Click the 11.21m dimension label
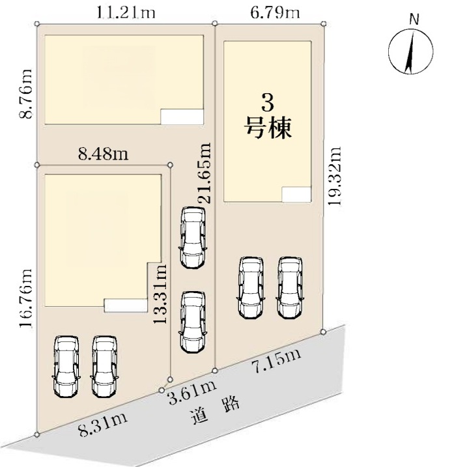pos(126,13)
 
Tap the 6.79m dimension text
pos(275,13)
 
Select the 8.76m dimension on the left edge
pos(25,94)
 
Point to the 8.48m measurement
pos(104,154)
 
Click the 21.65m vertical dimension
pos(205,173)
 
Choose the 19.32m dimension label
pos(335,176)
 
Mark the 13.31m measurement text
pos(160,294)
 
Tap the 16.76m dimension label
pos(25,298)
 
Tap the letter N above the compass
pos(414,20)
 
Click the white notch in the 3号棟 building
pos(296,195)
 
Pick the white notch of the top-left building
pos(182,117)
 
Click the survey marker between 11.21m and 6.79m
pos(215,23)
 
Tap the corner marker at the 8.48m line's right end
pos(170,165)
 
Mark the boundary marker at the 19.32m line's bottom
pos(324,332)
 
